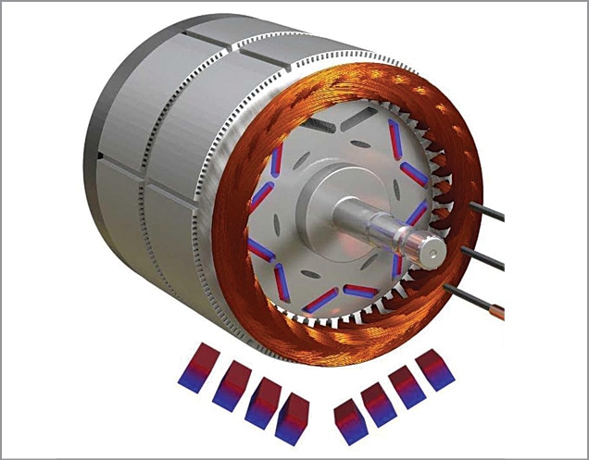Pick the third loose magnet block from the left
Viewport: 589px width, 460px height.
click(x=262, y=401)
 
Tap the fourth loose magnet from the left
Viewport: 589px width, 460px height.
click(x=294, y=418)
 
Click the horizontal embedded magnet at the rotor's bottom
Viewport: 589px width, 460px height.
click(x=360, y=291)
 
